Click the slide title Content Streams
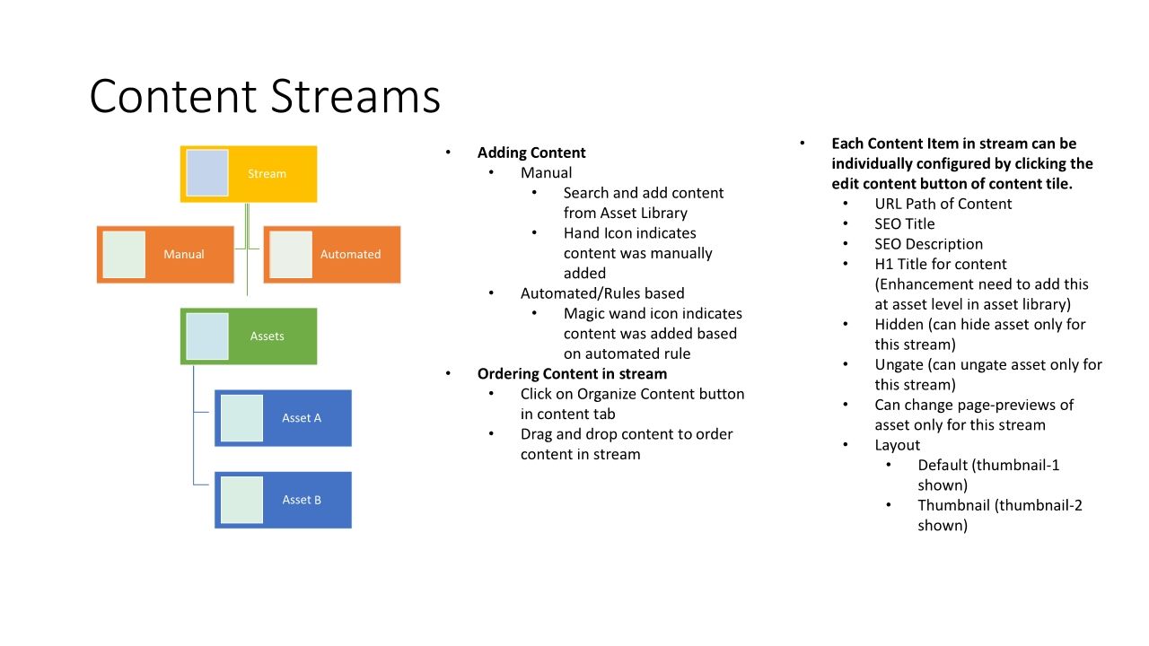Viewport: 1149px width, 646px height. [265, 96]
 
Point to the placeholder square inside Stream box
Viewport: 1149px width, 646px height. [207, 173]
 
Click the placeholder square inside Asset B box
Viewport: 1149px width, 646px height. [241, 500]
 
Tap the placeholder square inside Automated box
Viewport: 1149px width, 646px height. [291, 255]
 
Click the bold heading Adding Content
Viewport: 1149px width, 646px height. [531, 153]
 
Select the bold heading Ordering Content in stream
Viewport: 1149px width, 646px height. [572, 374]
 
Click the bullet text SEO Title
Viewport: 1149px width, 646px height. [905, 224]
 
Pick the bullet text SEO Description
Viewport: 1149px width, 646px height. [929, 244]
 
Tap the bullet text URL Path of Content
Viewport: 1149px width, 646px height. [943, 204]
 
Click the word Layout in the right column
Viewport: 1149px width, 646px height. [898, 445]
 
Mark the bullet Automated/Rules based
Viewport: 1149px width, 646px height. [602, 293]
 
